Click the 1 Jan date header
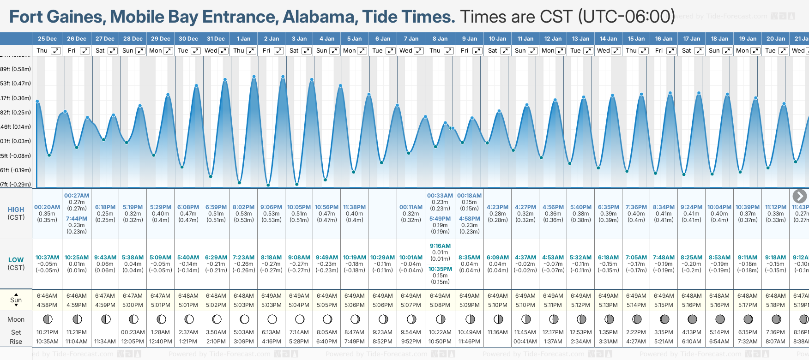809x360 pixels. click(x=243, y=39)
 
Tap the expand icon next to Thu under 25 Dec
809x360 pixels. click(x=55, y=51)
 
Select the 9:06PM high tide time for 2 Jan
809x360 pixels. click(x=271, y=207)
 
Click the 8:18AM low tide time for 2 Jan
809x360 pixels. click(x=271, y=258)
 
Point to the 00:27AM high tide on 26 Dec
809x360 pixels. click(x=77, y=196)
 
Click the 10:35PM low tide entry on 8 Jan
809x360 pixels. click(x=440, y=269)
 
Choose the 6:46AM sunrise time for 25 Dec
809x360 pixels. click(x=47, y=296)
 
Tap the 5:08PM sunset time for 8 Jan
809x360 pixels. click(x=440, y=305)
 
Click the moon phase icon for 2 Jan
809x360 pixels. click(x=272, y=319)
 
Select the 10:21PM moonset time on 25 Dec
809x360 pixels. click(x=47, y=332)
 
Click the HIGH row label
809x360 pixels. click(x=16, y=210)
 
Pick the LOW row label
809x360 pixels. click(x=16, y=260)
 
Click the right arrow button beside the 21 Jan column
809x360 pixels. click(x=799, y=196)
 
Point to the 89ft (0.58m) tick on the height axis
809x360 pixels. click(x=16, y=69)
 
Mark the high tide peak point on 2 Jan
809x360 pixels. click(x=283, y=77)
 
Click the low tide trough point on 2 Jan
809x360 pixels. click(x=268, y=185)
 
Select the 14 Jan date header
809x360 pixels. click(x=608, y=39)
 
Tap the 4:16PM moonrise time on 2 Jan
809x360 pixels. click(x=271, y=342)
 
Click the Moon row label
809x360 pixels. click(x=16, y=319)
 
